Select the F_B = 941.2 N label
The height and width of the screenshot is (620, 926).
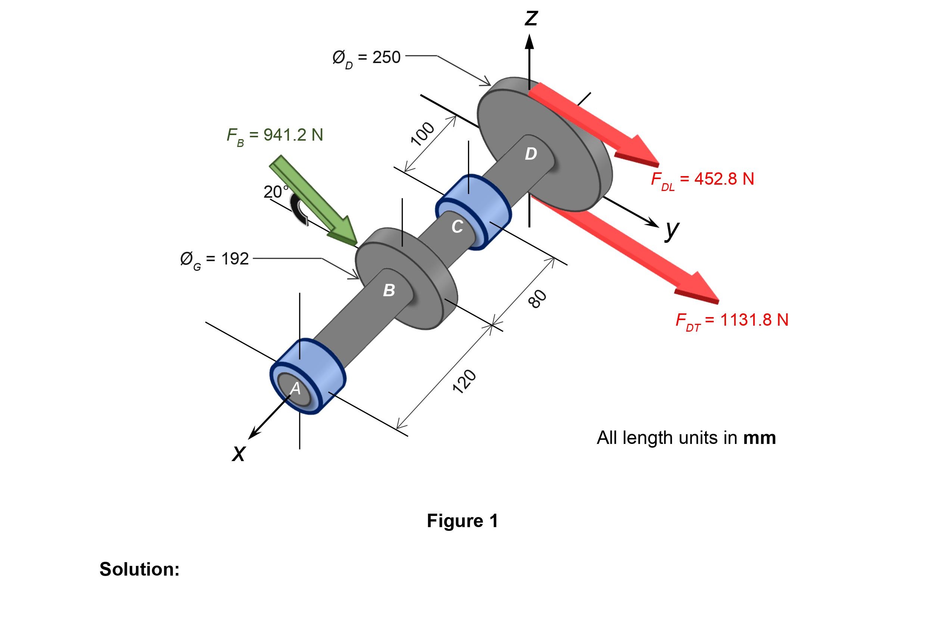tap(275, 136)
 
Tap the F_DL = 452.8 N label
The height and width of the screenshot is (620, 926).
tap(702, 179)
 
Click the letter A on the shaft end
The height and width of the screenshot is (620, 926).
tap(296, 389)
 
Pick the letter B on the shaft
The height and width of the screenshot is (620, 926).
tap(389, 291)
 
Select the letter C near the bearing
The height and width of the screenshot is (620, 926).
tap(457, 227)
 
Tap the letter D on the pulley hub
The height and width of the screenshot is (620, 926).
tap(531, 154)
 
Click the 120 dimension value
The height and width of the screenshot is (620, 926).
tap(464, 382)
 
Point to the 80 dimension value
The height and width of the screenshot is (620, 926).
tap(537, 298)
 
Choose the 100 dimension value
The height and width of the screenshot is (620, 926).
tap(423, 134)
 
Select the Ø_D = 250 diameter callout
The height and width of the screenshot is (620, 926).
tap(366, 58)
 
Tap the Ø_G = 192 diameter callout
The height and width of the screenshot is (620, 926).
tap(214, 259)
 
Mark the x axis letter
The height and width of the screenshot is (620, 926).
tap(238, 453)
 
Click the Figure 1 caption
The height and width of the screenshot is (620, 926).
tap(462, 521)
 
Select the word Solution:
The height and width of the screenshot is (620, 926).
tap(139, 569)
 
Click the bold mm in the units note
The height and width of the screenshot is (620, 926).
tap(759, 438)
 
